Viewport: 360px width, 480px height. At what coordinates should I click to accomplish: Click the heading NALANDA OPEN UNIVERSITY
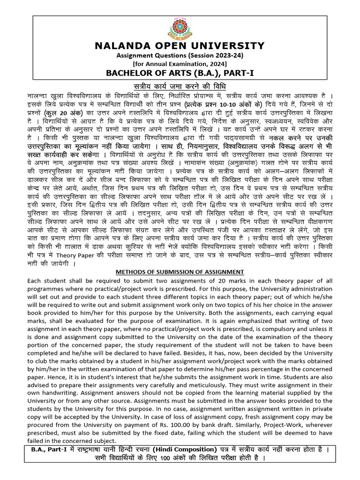[180, 45]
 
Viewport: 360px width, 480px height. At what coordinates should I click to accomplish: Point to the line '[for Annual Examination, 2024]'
[180, 64]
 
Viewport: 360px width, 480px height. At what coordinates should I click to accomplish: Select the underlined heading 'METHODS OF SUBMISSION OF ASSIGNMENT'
[180, 272]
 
